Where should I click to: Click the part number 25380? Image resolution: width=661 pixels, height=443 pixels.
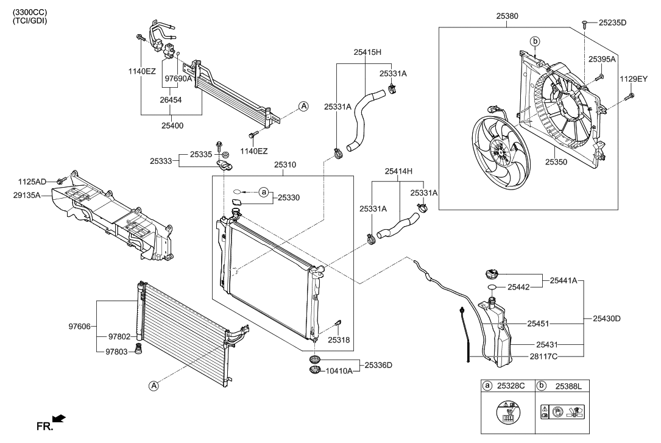(507, 18)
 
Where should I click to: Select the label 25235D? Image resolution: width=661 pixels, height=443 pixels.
(612, 23)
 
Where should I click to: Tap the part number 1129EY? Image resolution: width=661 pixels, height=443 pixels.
(635, 79)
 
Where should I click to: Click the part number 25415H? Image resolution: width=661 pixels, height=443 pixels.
(367, 52)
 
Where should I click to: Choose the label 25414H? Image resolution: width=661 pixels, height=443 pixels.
(398, 171)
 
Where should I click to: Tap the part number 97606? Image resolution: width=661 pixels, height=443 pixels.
(80, 327)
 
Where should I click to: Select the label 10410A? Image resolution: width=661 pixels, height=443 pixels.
(338, 370)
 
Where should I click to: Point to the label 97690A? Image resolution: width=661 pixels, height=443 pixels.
(178, 79)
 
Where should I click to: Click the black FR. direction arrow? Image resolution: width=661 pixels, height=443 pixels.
(60, 418)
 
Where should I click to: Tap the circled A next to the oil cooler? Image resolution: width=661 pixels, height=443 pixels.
(303, 107)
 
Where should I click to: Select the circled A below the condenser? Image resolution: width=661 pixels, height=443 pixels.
(154, 385)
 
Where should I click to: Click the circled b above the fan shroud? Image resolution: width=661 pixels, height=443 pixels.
(536, 41)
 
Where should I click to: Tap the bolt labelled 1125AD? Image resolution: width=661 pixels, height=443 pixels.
(60, 181)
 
